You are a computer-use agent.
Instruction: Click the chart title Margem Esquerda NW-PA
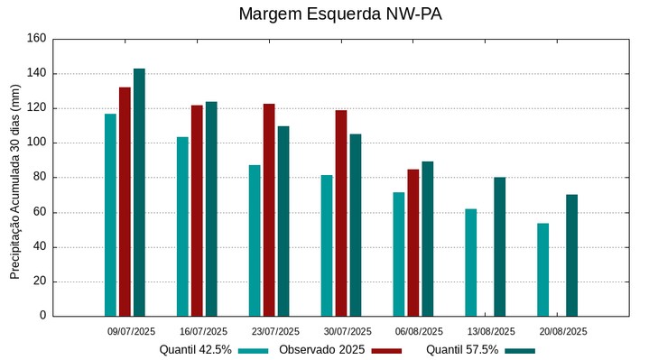coord(340,14)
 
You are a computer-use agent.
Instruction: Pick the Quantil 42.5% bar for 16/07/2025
coord(182,226)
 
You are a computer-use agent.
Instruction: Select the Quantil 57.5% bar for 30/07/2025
coord(356,225)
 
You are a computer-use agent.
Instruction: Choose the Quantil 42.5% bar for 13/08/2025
coord(471,262)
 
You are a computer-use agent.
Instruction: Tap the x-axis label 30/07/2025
coord(348,331)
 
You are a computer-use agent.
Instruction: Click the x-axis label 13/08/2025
coord(491,331)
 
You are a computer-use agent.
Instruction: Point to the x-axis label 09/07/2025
coord(132,331)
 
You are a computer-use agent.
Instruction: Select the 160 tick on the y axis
coord(36,39)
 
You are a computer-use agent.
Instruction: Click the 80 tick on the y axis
coord(39,178)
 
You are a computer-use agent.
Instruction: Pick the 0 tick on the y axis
coord(42,316)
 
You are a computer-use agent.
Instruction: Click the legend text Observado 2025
coord(321,349)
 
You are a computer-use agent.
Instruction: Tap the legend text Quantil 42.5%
coord(196,349)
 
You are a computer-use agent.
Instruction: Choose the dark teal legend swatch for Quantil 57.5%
coord(520,350)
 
